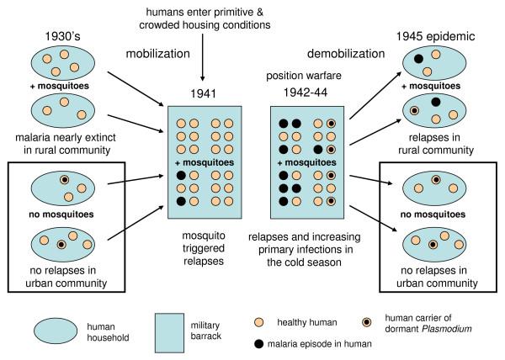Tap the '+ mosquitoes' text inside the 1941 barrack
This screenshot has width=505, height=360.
(x=205, y=161)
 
